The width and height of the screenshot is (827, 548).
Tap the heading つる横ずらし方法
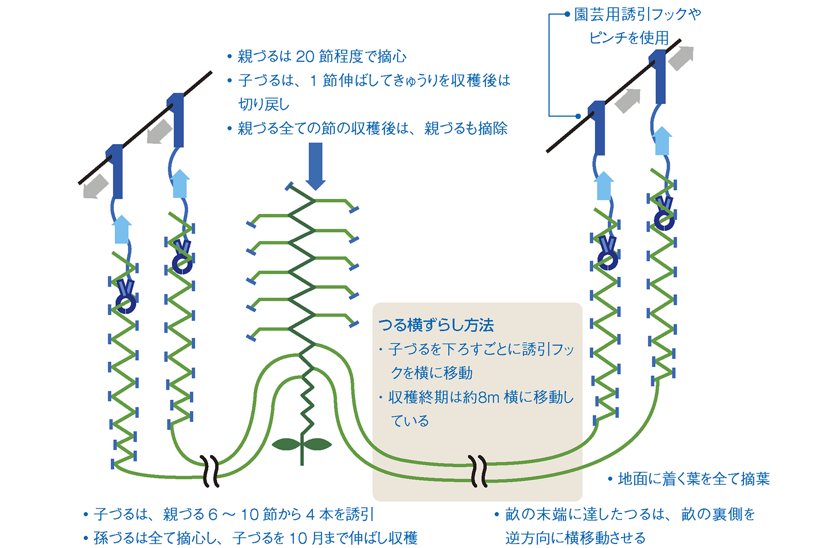tap(436, 325)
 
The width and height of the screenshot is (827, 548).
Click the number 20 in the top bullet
tap(304, 56)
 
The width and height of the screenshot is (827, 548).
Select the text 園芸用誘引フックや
tap(637, 14)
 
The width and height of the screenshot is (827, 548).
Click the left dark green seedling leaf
tap(285, 444)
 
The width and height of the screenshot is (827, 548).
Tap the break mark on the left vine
tap(211, 471)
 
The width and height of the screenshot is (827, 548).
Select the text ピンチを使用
tap(629, 38)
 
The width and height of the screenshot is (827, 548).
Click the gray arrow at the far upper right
tap(680, 58)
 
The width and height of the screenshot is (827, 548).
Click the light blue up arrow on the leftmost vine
tap(122, 229)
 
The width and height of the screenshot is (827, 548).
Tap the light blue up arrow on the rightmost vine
tap(662, 140)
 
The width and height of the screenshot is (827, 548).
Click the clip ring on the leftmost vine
tap(126, 304)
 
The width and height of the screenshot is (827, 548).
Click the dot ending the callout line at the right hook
tap(578, 116)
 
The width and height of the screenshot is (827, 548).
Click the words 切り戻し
tap(264, 104)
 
